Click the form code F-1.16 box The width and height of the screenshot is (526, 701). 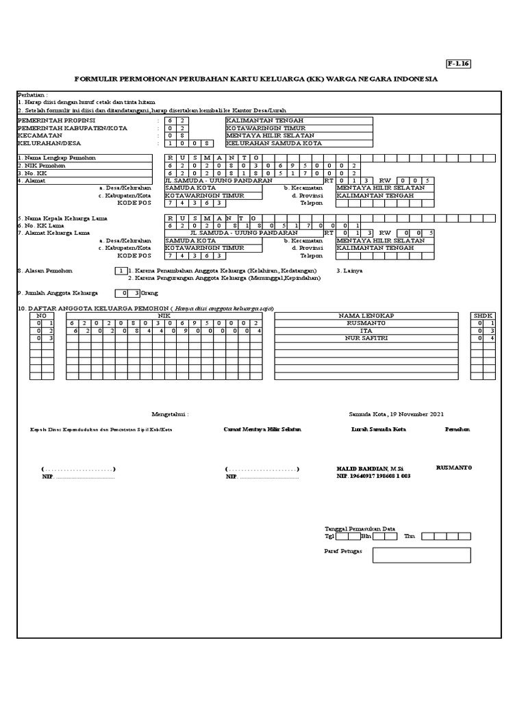coord(458,64)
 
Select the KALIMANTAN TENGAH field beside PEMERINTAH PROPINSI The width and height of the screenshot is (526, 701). coord(299,120)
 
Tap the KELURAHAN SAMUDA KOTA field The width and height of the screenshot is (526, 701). coord(299,144)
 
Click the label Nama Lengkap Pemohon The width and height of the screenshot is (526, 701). coord(59,157)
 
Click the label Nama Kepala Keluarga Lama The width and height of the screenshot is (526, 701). coord(66,218)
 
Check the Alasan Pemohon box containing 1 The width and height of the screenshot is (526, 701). coord(121,271)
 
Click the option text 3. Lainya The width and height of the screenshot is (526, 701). coord(349,271)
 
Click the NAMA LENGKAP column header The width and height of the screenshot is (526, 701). coord(366,316)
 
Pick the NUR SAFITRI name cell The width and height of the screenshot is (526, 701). coord(366,338)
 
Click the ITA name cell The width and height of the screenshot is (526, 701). coord(366,331)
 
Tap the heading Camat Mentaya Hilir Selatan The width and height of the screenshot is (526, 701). coord(262,429)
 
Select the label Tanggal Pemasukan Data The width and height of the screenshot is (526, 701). coord(360,528)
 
